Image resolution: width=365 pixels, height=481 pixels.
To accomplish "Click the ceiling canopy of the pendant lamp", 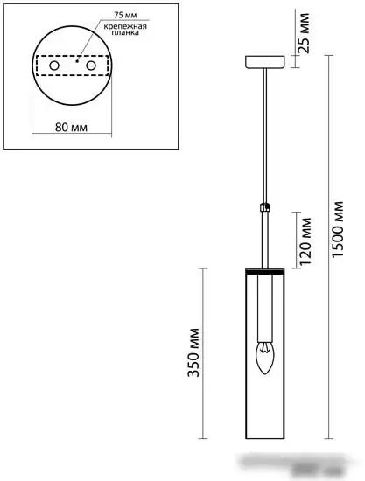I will pyautogui.click(x=263, y=63).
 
